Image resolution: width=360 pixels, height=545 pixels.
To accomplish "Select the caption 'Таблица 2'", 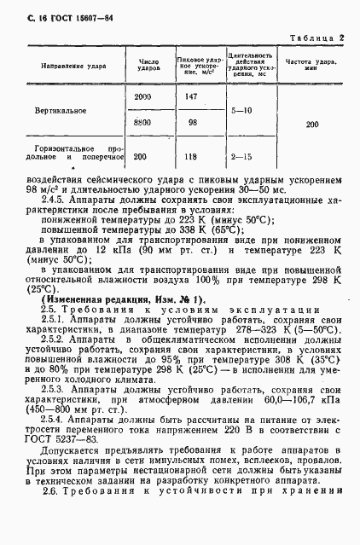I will point(317,38).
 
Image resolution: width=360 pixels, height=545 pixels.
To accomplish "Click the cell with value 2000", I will point(142,97).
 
